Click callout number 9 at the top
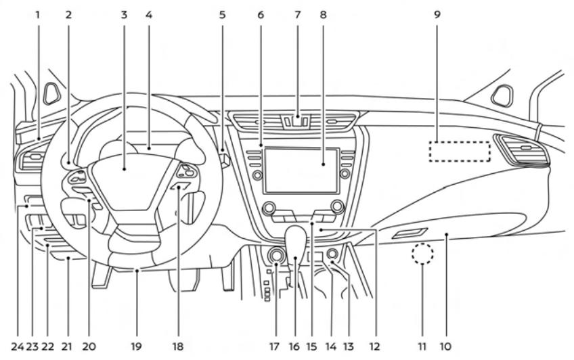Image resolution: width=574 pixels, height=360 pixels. [x=437, y=13]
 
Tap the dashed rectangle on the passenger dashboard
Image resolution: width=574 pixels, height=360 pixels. [x=460, y=152]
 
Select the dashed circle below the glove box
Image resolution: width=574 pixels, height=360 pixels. [x=422, y=255]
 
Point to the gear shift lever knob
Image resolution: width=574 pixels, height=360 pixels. [x=296, y=240]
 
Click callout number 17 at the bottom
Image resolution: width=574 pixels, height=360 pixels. [x=275, y=346]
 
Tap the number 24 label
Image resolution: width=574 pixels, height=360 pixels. [x=17, y=346]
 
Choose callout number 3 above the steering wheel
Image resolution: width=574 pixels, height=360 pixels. [x=124, y=13]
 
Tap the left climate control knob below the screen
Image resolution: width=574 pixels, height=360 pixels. [x=269, y=207]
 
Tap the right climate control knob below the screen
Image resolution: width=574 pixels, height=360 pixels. [x=337, y=207]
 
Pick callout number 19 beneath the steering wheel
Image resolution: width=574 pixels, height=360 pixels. [x=136, y=346]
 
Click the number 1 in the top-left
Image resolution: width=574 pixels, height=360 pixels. [x=39, y=13]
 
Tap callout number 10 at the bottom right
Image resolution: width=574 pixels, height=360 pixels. [x=447, y=346]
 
